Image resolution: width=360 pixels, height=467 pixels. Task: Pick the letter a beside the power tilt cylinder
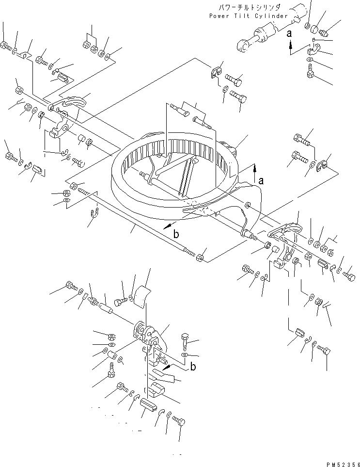(x=290, y=34)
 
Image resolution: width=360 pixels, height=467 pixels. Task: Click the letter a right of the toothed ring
(x=261, y=181)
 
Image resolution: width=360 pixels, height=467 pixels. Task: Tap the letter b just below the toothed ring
(x=176, y=234)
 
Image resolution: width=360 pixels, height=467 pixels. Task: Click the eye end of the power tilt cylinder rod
(x=242, y=46)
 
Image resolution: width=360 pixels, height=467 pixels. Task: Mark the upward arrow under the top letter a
(x=290, y=48)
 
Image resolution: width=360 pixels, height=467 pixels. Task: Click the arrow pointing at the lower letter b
(x=174, y=361)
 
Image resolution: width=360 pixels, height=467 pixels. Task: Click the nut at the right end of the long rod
(x=199, y=256)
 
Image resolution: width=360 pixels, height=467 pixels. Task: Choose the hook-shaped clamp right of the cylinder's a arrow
(x=312, y=50)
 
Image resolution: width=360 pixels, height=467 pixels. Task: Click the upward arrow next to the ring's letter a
(x=253, y=169)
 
